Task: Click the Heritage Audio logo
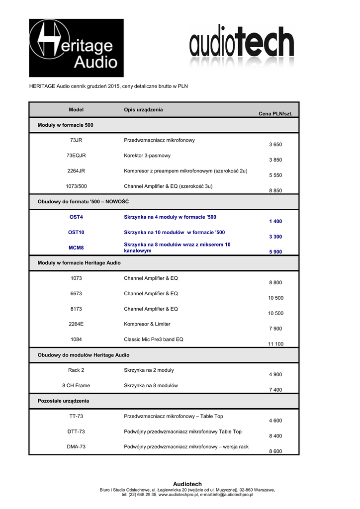[76, 48]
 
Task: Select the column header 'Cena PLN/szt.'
[275, 114]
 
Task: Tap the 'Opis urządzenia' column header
[143, 109]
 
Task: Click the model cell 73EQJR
[76, 156]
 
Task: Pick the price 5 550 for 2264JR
[275, 175]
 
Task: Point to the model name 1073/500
[76, 186]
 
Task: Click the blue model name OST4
[76, 217]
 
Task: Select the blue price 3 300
[275, 237]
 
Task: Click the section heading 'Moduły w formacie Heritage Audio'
[79, 263]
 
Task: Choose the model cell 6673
[76, 294]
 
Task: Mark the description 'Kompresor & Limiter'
[147, 324]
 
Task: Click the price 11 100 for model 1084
[275, 344]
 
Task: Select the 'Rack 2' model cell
[76, 370]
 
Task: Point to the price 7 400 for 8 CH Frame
[275, 390]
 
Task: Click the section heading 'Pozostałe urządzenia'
[64, 401]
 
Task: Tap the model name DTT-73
[76, 432]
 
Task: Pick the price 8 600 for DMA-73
[275, 451]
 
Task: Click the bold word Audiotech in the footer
[187, 484]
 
